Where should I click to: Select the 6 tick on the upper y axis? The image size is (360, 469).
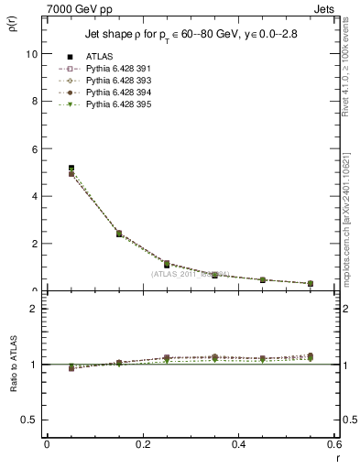point(34,148)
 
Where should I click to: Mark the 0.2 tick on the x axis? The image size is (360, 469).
point(142,444)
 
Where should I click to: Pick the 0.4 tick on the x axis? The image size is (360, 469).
point(238,444)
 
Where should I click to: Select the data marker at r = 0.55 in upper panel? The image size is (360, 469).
point(311,283)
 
